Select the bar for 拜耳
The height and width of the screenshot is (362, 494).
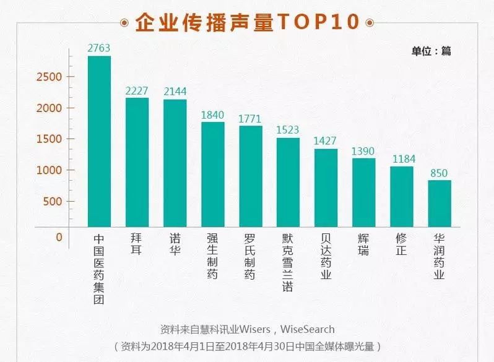137,162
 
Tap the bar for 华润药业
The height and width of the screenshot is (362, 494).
440,204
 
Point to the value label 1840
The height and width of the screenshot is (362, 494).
213,115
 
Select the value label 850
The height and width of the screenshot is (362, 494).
440,173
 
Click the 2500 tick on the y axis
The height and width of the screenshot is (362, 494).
52,77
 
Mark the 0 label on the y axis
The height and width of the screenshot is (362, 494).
59,237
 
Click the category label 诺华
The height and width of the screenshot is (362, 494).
175,245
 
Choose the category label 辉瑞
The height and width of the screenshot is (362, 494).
363,245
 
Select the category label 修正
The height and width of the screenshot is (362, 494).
401,245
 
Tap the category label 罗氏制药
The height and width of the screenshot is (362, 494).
250,256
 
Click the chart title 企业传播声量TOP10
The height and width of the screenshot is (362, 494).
247,22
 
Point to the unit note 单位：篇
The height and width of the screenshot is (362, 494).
431,51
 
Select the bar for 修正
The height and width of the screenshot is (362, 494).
401,196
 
